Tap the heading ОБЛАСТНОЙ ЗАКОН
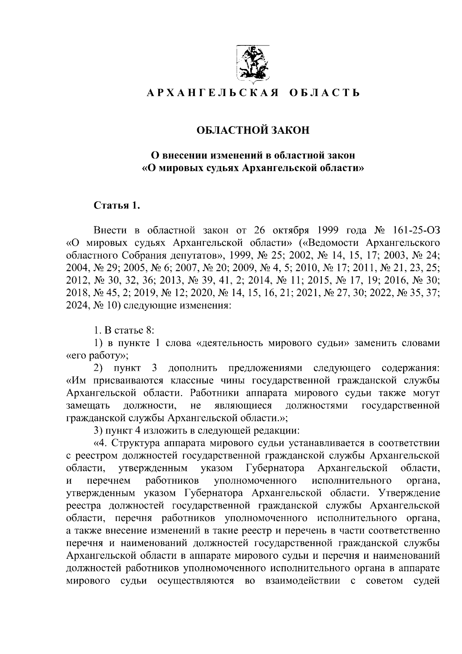tap(253, 130)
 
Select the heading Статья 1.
tap(117, 205)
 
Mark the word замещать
tap(88, 406)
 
